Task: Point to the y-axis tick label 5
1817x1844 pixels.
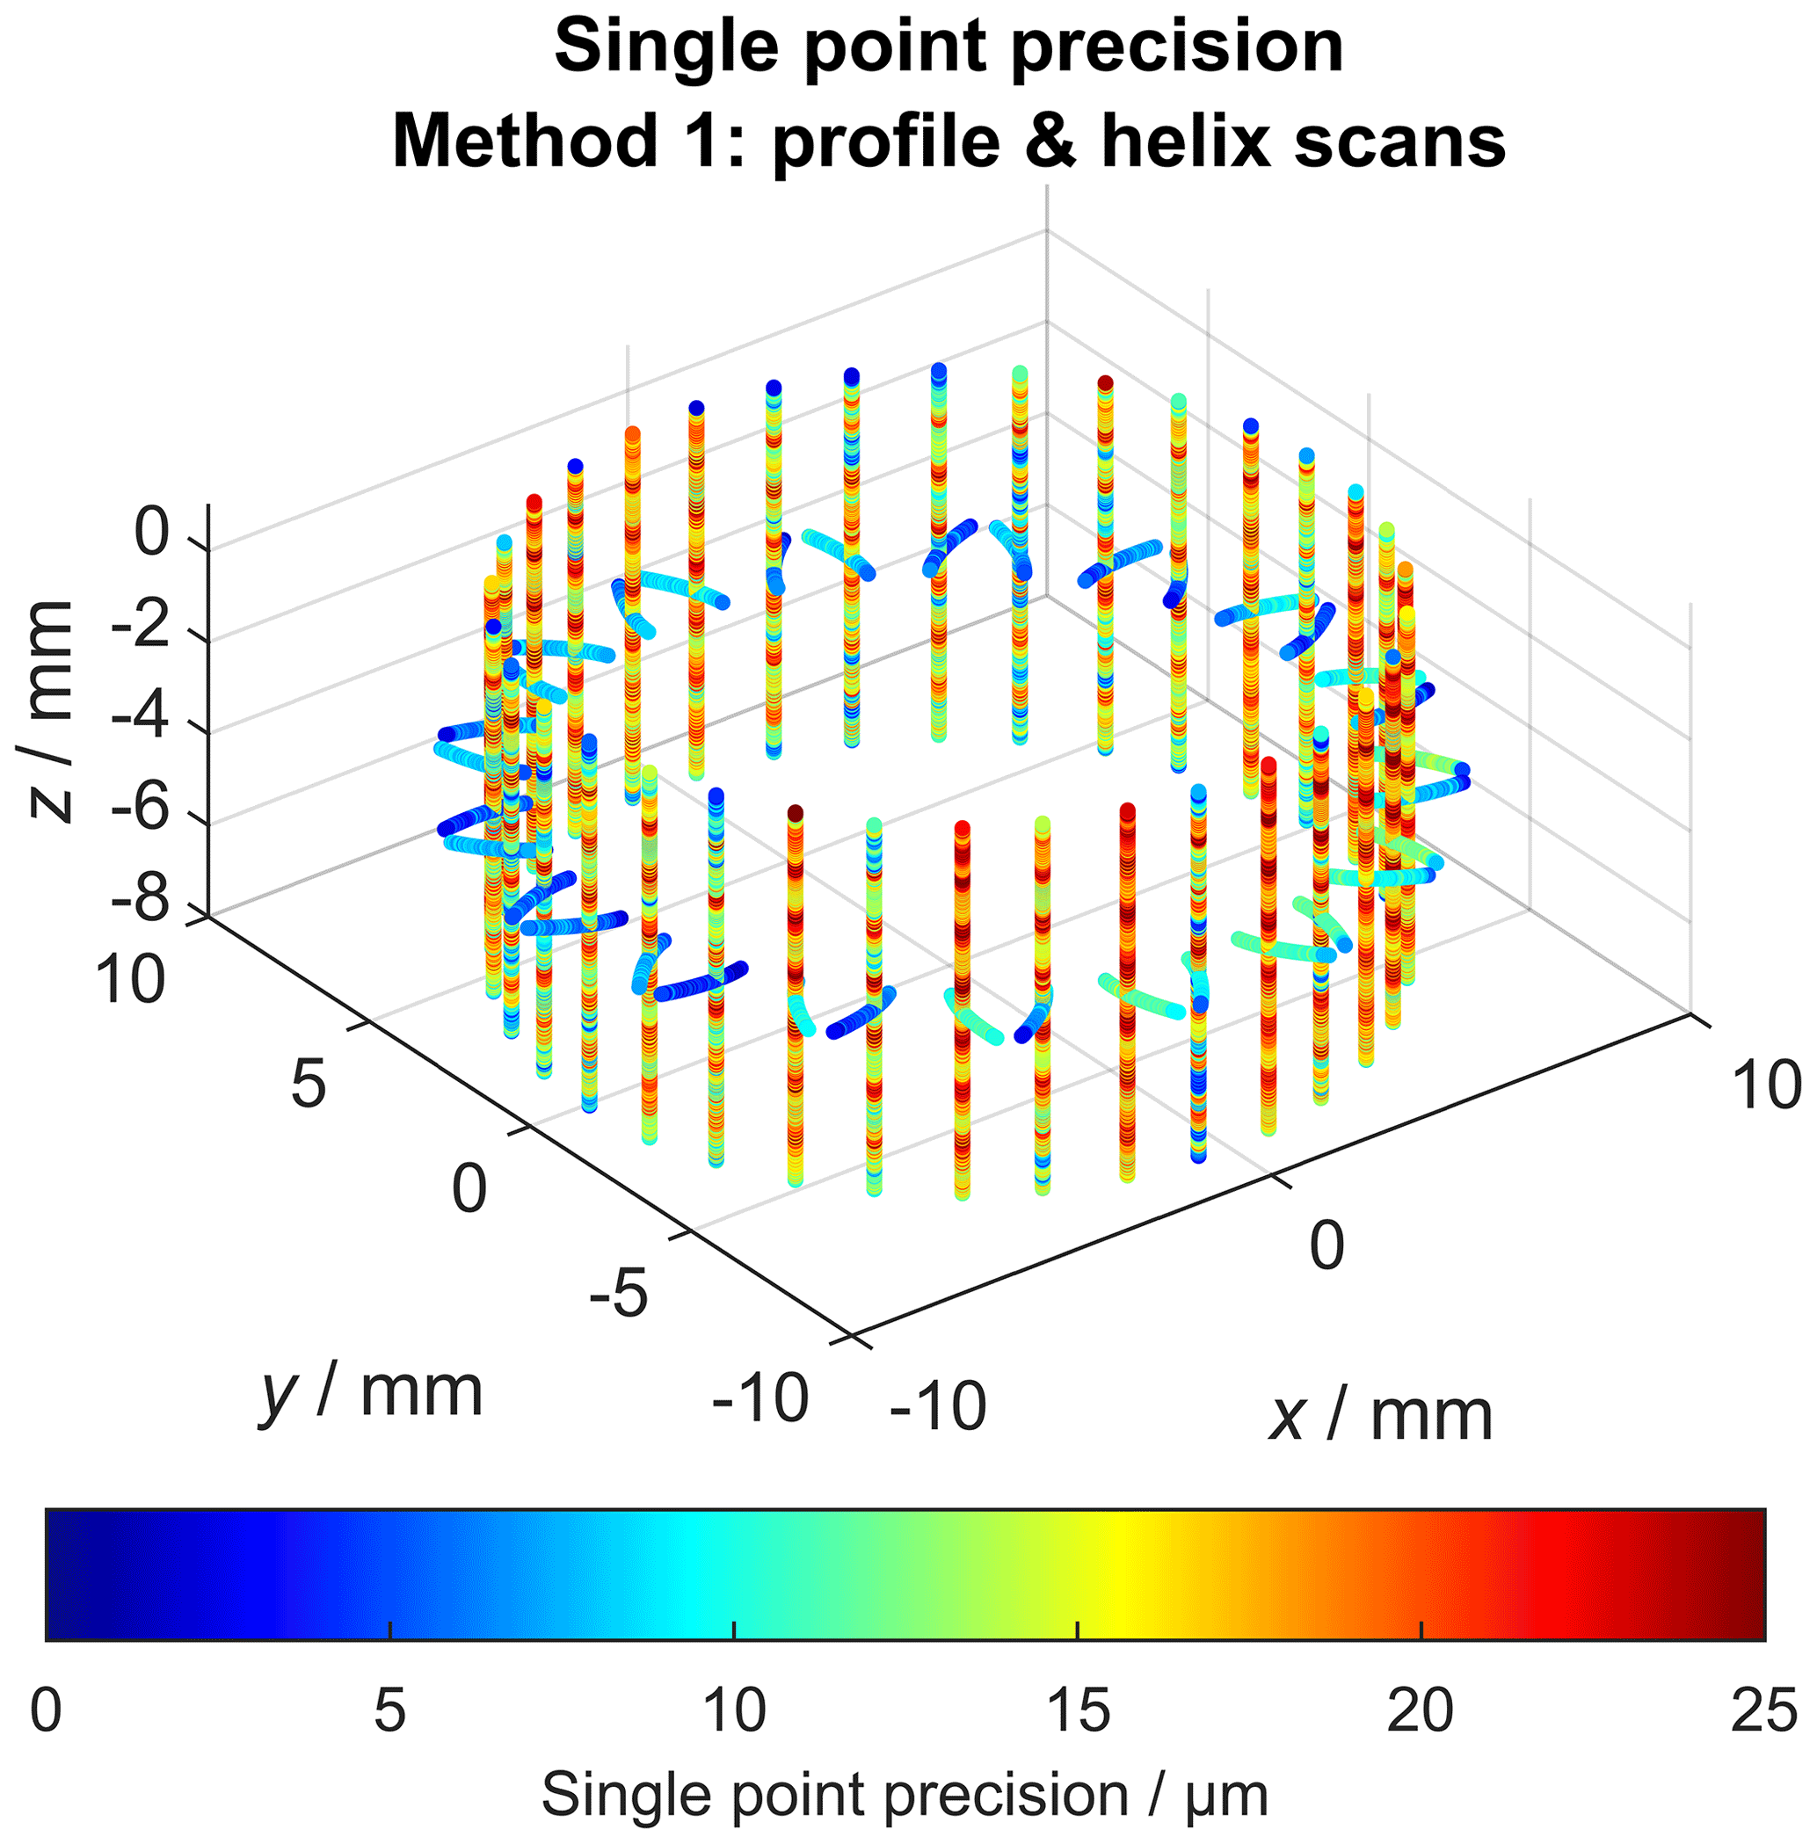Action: pyautogui.click(x=309, y=1085)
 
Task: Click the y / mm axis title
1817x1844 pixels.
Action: pyautogui.click(x=370, y=1393)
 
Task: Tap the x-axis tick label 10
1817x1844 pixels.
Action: pyautogui.click(x=1766, y=1085)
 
